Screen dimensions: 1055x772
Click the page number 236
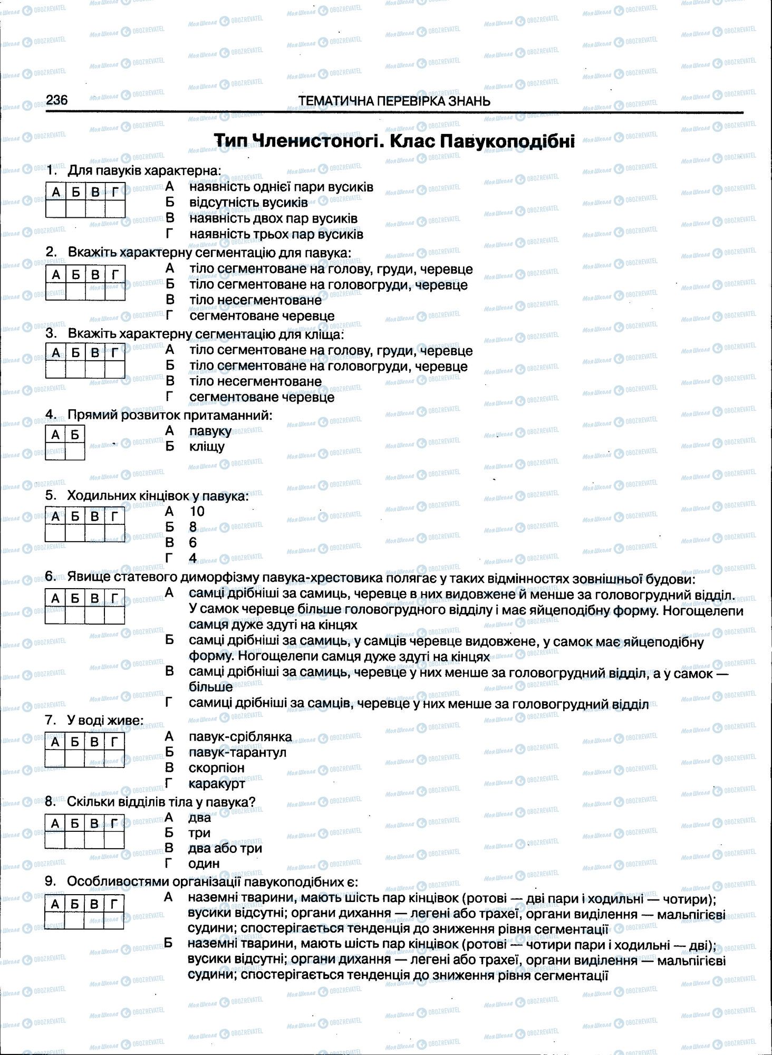pyautogui.click(x=56, y=100)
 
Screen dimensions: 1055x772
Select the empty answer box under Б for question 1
pyautogui.click(x=75, y=209)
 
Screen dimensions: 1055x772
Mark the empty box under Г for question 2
pyautogui.click(x=115, y=291)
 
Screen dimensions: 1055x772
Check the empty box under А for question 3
pyautogui.click(x=56, y=369)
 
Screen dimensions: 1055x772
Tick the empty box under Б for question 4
pyautogui.click(x=75, y=452)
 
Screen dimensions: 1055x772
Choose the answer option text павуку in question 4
pyautogui.click(x=210, y=431)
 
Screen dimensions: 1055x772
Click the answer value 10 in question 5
pyautogui.click(x=196, y=511)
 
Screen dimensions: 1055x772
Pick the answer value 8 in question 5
pyautogui.click(x=193, y=527)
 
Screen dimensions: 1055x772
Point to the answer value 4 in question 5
pyautogui.click(x=193, y=558)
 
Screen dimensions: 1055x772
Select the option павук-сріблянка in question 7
pyautogui.click(x=240, y=736)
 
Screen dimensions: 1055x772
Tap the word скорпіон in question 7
pyautogui.click(x=216, y=768)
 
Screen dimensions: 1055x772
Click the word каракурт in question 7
pyautogui.click(x=217, y=783)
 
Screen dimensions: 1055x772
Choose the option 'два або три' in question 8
pyautogui.click(x=225, y=848)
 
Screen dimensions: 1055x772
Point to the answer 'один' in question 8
pyautogui.click(x=204, y=864)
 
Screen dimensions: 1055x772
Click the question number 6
pyautogui.click(x=50, y=577)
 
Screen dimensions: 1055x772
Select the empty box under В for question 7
pyautogui.click(x=94, y=759)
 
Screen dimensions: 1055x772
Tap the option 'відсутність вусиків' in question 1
pyautogui.click(x=248, y=203)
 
